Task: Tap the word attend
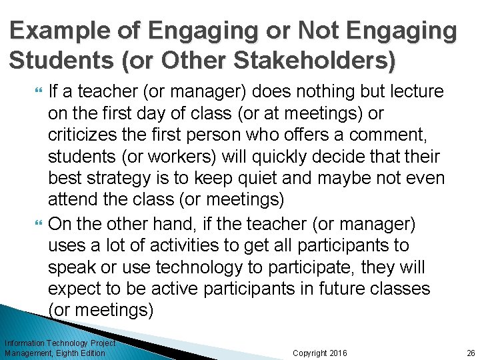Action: [71, 201]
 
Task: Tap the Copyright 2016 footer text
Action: [320, 353]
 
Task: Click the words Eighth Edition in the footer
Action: [81, 353]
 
